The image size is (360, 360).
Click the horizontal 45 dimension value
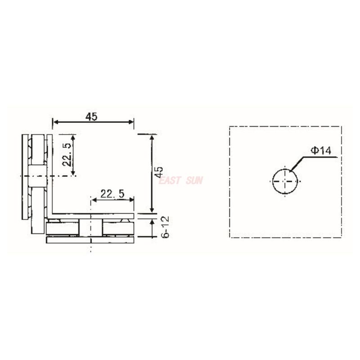click(x=92, y=116)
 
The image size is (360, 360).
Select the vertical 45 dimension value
click(x=158, y=173)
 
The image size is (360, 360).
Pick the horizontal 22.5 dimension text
click(x=112, y=194)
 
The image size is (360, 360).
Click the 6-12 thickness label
click(x=165, y=227)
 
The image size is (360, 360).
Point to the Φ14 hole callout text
click(x=321, y=151)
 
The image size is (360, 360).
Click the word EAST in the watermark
click(x=170, y=180)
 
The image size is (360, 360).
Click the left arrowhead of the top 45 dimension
click(x=55, y=121)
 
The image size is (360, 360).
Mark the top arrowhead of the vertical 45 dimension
click(x=152, y=137)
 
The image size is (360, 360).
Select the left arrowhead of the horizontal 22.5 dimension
click(x=93, y=200)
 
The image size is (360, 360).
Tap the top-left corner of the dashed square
click(x=229, y=126)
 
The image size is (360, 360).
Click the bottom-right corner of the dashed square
click(x=341, y=237)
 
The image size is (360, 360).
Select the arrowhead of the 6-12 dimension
click(x=152, y=219)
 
